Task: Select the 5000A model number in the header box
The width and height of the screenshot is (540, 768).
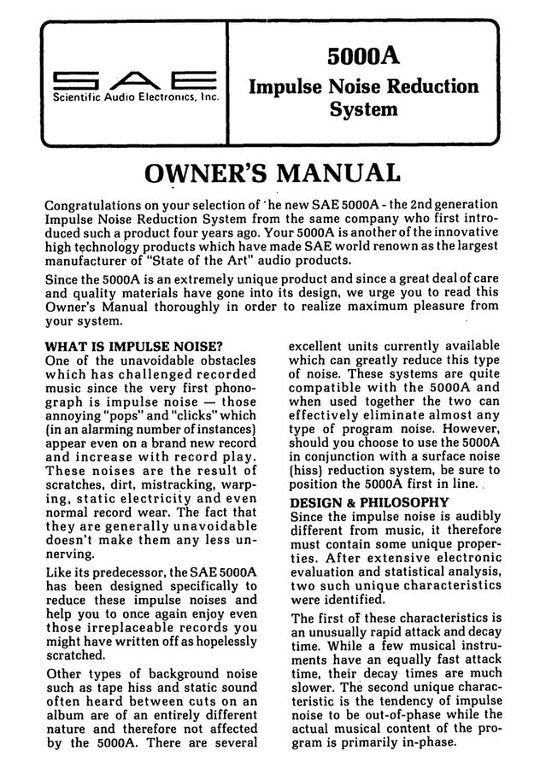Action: coord(363,56)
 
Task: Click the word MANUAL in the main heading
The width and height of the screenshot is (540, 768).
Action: coord(337,173)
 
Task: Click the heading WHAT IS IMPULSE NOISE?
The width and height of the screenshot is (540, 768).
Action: coord(132,346)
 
